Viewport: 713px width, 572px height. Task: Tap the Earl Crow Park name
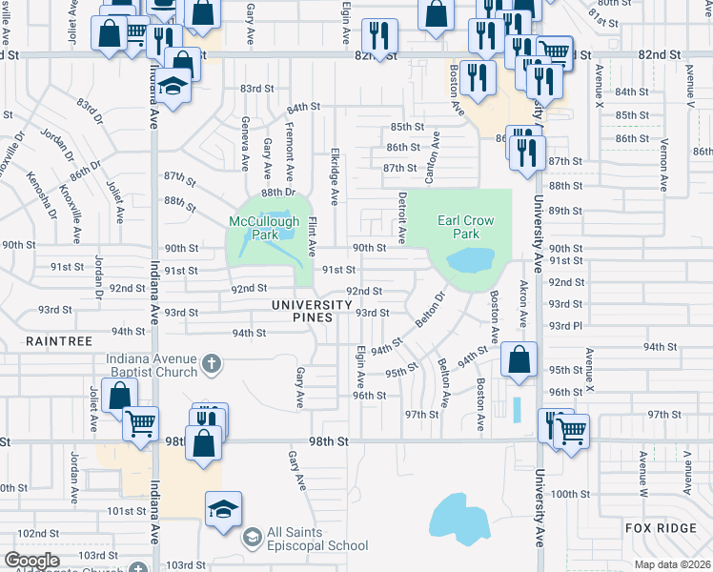coord(465,227)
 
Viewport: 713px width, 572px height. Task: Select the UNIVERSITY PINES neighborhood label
coord(306,304)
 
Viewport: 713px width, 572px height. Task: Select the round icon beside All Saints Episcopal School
coord(252,539)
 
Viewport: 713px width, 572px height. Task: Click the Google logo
coord(31,560)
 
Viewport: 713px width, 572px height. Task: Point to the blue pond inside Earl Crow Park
coord(469,259)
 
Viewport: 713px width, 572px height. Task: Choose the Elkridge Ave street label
coord(335,176)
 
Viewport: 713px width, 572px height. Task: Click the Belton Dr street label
coord(434,311)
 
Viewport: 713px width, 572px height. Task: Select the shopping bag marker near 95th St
coord(519,361)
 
